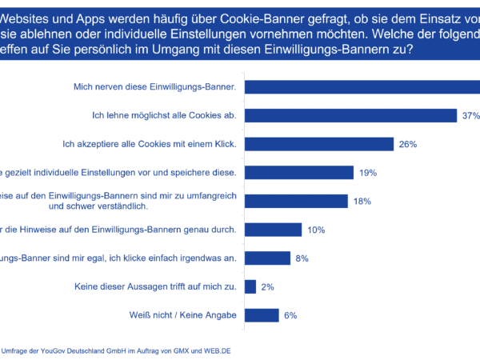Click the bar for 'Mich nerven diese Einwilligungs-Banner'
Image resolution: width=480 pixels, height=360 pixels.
point(360,86)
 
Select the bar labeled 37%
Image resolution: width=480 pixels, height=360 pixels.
point(350,115)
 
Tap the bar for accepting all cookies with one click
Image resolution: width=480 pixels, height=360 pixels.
point(319,144)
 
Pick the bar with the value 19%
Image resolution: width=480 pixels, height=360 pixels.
point(298,172)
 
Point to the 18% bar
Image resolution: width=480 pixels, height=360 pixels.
point(295,201)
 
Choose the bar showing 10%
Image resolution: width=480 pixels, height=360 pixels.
point(273,230)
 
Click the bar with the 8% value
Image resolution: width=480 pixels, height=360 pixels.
point(267,258)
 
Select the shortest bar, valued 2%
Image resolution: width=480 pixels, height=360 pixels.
point(250,286)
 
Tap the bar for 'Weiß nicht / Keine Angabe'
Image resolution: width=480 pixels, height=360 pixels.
point(262,315)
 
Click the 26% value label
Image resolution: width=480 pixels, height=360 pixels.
point(409,144)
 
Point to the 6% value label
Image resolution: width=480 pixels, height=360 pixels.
point(290,315)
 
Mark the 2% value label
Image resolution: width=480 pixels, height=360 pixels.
point(267,286)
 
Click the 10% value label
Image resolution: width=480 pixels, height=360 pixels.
point(315,230)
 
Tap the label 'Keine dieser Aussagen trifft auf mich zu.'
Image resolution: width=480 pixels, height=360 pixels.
point(155,286)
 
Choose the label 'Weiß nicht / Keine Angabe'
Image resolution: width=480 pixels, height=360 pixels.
point(183,315)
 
